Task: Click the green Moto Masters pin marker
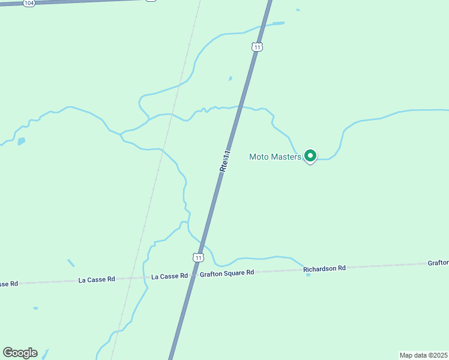[310, 156]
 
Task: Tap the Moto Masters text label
[274, 157]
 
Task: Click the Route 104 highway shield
[29, 3]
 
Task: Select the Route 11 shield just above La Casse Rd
[198, 257]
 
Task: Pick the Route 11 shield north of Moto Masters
[258, 47]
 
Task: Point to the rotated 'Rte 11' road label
[225, 161]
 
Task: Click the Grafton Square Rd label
[227, 272]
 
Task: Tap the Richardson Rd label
[325, 268]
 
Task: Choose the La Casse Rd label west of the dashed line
[97, 280]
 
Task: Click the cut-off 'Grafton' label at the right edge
[438, 263]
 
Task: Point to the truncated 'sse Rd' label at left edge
[9, 283]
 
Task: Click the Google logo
[20, 353]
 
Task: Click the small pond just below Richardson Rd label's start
[309, 275]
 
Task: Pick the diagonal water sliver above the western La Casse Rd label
[71, 263]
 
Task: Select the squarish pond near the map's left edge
[22, 142]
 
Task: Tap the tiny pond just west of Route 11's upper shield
[231, 78]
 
